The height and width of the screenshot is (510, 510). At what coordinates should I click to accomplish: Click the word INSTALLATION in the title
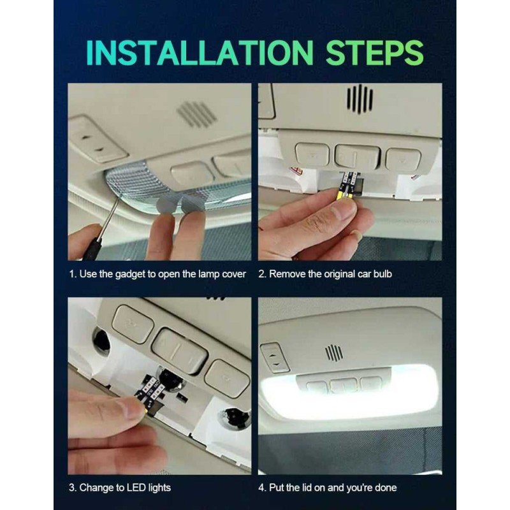point(200,53)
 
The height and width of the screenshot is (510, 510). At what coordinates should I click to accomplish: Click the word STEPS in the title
point(374,53)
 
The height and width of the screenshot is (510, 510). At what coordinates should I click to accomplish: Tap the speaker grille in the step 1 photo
point(196,113)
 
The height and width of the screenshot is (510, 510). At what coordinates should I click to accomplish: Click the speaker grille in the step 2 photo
point(360,99)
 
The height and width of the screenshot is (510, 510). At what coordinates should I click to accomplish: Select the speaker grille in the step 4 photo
point(333,353)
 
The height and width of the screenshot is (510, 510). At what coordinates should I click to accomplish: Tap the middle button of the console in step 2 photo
point(357,157)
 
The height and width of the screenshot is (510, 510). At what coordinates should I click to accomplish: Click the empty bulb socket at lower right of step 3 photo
point(233,418)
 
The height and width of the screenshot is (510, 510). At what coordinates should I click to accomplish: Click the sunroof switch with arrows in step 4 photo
point(275,358)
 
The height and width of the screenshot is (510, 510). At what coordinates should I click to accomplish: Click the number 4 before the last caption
point(261,488)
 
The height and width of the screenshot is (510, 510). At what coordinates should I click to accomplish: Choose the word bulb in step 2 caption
point(382,274)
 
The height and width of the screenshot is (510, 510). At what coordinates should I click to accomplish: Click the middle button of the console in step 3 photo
point(180,351)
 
